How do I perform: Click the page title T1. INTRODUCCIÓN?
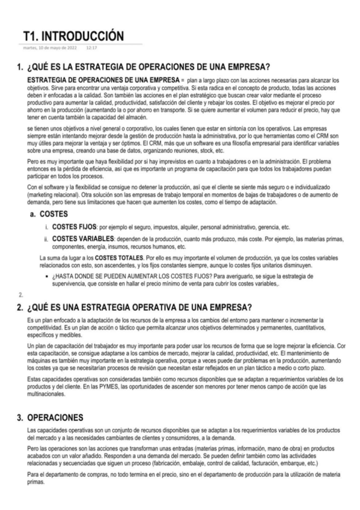click(73, 35)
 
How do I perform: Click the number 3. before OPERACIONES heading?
click(20, 417)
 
